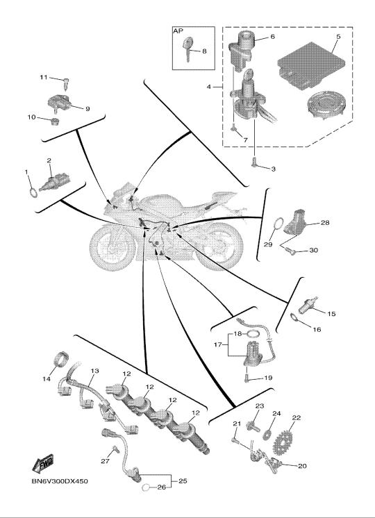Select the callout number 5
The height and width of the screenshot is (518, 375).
coord(338,37)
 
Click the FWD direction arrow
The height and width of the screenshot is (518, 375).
coord(43,463)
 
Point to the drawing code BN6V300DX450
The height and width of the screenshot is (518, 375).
coord(60,481)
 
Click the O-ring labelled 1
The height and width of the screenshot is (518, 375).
coord(33,192)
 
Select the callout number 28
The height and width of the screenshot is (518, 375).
coord(325,223)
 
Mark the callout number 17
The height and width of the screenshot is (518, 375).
coord(217,344)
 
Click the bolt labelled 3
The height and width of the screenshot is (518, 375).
coord(254,163)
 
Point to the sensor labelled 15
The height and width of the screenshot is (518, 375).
coord(308,306)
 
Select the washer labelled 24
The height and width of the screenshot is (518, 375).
coord(266,435)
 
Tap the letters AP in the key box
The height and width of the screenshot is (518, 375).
coord(178,31)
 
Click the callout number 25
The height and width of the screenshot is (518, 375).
coord(183,481)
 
